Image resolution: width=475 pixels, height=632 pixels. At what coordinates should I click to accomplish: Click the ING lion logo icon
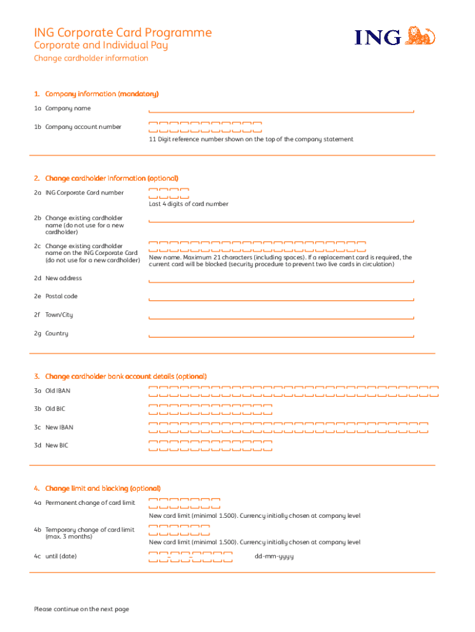pos(422,36)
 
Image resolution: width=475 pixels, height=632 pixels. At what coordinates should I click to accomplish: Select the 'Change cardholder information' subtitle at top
pos(91,58)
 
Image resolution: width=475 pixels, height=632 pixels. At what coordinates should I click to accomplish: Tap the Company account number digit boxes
pos(205,127)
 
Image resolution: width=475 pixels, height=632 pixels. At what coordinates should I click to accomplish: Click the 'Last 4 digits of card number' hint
pos(188,204)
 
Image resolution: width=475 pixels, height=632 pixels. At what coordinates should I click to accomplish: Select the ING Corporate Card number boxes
pos(168,193)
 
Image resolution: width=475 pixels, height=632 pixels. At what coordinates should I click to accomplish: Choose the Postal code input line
pos(281,298)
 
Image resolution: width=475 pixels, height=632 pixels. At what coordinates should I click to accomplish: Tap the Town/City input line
pos(281,317)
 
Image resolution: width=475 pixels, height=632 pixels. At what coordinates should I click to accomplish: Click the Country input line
pos(281,335)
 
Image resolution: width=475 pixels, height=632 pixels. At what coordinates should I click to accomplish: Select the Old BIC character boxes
pos(210,409)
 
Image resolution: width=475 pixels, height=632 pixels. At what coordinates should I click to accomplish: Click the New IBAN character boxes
pos(289,428)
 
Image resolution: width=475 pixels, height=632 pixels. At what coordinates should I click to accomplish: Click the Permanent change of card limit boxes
pos(184,503)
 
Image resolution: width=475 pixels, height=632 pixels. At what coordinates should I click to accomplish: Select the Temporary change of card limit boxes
pos(179,530)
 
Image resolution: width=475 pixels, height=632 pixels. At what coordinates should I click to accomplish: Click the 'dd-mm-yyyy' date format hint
pos(274,556)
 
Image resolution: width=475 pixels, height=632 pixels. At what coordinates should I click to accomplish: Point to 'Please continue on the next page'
pos(81,609)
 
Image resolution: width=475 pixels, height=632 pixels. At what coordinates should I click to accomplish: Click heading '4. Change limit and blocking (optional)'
pos(97,488)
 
